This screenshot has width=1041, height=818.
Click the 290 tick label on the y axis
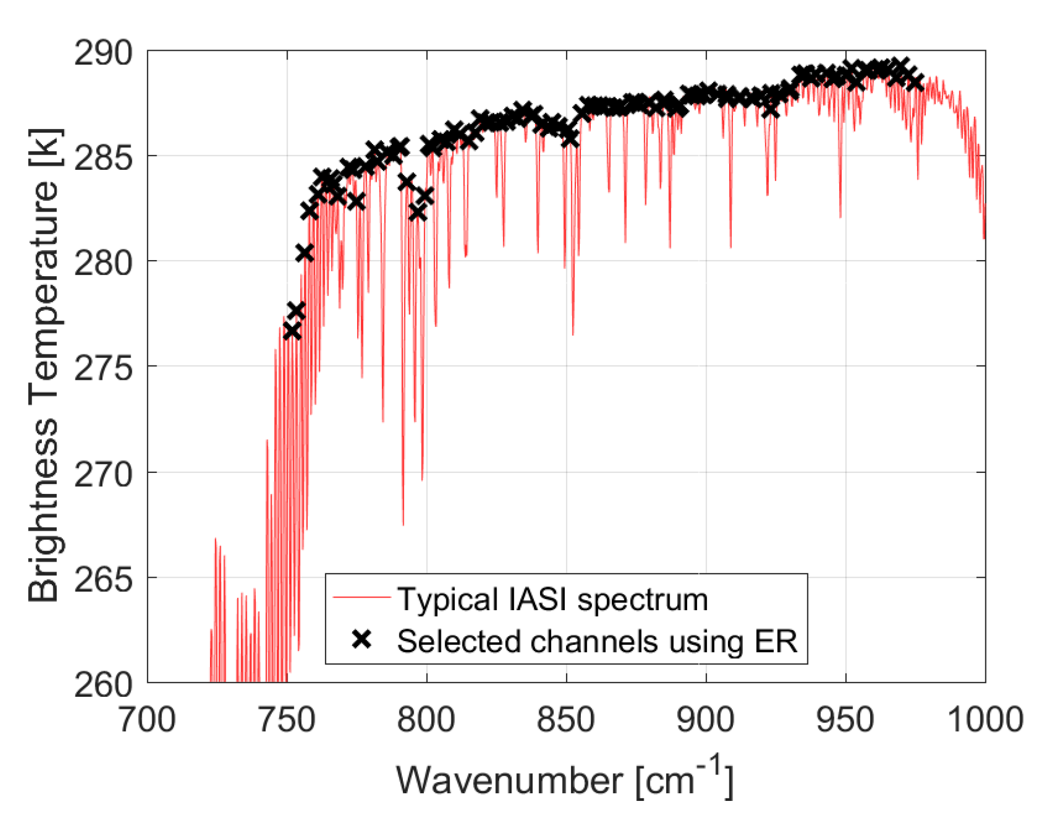(103, 53)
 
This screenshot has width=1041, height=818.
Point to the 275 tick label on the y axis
(103, 368)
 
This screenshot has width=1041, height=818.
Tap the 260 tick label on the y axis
(103, 685)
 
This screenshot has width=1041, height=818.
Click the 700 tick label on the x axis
(147, 720)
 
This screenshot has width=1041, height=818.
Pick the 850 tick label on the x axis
(566, 720)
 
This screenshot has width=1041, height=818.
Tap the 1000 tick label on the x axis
(985, 720)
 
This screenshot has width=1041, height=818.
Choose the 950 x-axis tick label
(845, 720)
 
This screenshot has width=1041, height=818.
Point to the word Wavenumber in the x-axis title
(509, 781)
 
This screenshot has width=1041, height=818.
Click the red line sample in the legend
(362, 596)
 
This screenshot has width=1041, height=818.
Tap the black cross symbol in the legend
(362, 639)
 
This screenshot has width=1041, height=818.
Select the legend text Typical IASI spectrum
(552, 599)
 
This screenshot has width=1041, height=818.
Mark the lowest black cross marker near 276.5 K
(292, 331)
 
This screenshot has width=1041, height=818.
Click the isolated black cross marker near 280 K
(305, 253)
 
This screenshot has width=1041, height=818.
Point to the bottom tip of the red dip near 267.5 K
(403, 525)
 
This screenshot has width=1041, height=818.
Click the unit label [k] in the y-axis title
(45, 148)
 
